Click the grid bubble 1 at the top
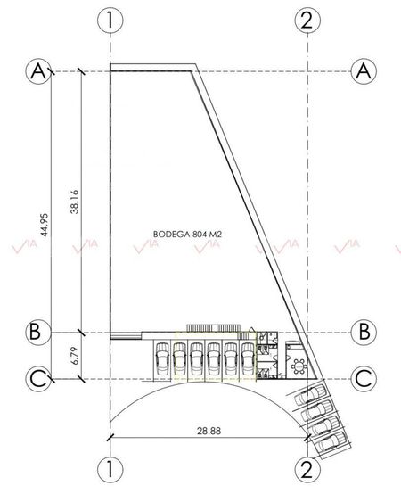(x=110, y=21)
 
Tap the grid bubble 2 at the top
(x=307, y=21)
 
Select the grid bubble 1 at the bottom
(x=110, y=469)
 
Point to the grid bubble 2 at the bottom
(x=307, y=469)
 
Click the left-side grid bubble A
(x=38, y=72)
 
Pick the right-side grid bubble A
(x=364, y=72)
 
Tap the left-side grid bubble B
(x=38, y=333)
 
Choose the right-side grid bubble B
(x=364, y=333)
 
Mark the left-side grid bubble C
(x=38, y=379)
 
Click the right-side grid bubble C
(x=364, y=379)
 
